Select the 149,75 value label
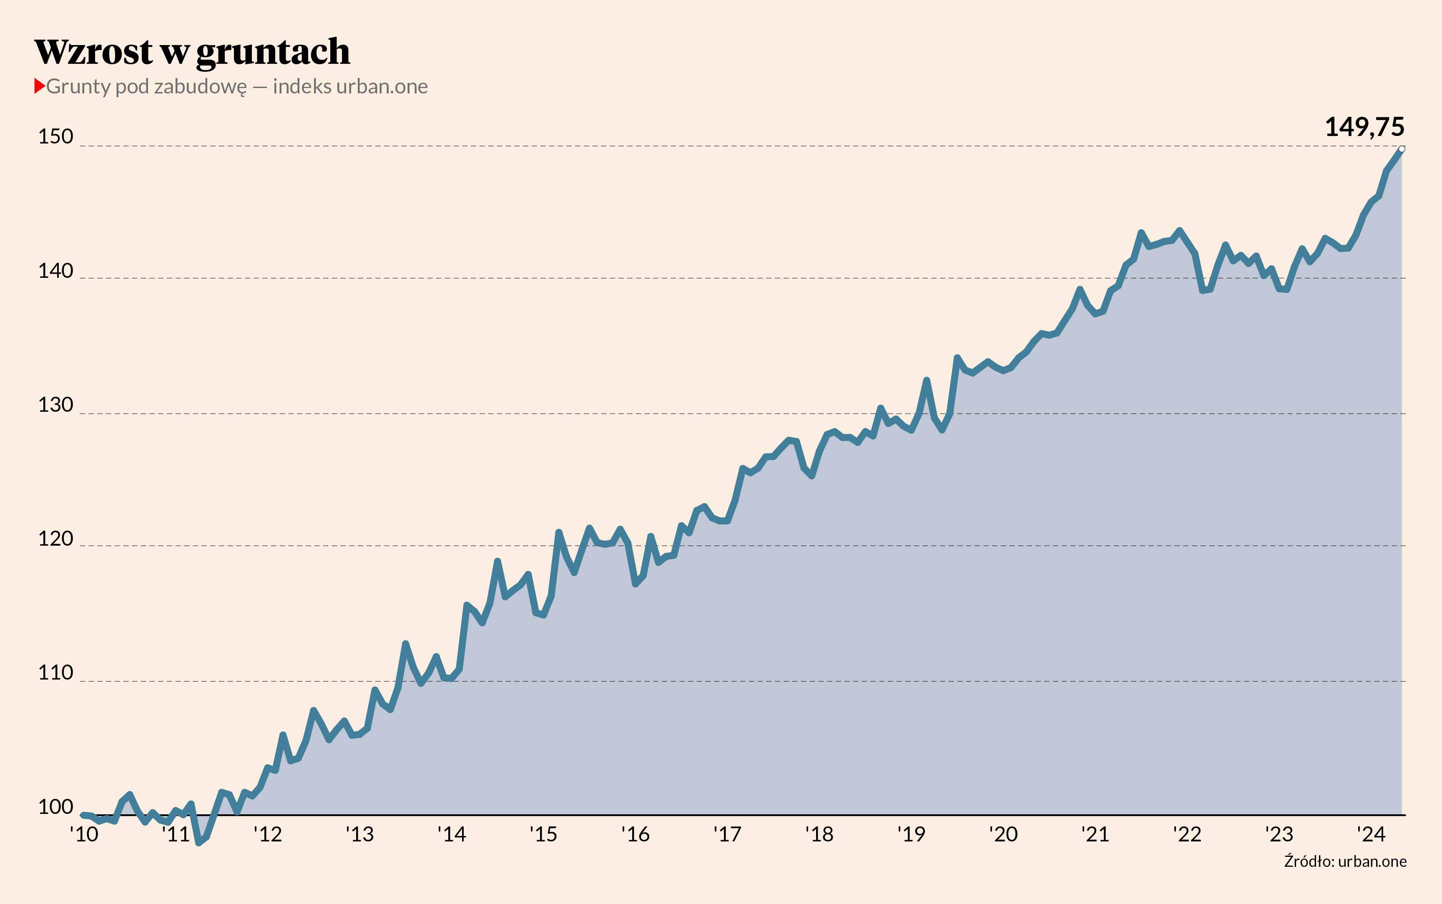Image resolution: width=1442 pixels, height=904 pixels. (1364, 127)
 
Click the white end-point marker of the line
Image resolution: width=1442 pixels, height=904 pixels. (1402, 149)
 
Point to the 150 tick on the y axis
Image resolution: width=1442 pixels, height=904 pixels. (55, 137)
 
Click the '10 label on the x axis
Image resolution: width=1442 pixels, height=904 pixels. (84, 834)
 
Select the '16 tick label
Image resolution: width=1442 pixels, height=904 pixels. (635, 834)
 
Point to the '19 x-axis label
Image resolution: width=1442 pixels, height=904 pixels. (911, 834)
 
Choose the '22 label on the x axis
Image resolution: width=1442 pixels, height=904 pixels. (1187, 834)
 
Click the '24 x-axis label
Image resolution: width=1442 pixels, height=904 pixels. (1371, 834)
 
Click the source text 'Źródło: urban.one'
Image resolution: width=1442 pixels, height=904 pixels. (1345, 861)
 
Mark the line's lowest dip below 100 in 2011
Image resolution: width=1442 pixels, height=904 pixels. (199, 842)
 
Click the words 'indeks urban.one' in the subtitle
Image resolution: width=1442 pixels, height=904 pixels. (350, 87)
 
